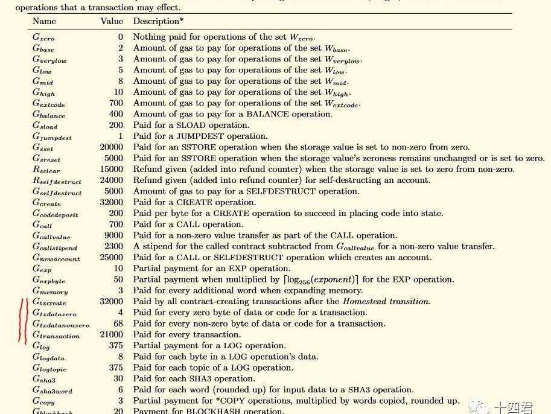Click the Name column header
[44, 22]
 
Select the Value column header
[112, 22]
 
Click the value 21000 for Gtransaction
[112, 334]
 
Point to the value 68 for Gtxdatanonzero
[118, 323]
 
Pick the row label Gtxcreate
[49, 302]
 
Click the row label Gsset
[43, 148]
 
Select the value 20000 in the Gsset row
[112, 147]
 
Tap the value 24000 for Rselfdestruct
[112, 180]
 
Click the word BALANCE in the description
[266, 114]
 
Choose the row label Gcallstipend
[55, 247]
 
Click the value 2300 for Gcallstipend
[113, 246]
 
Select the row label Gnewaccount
[56, 258]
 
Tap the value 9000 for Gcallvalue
[113, 235]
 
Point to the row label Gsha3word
[53, 390]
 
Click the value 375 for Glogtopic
[115, 368]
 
